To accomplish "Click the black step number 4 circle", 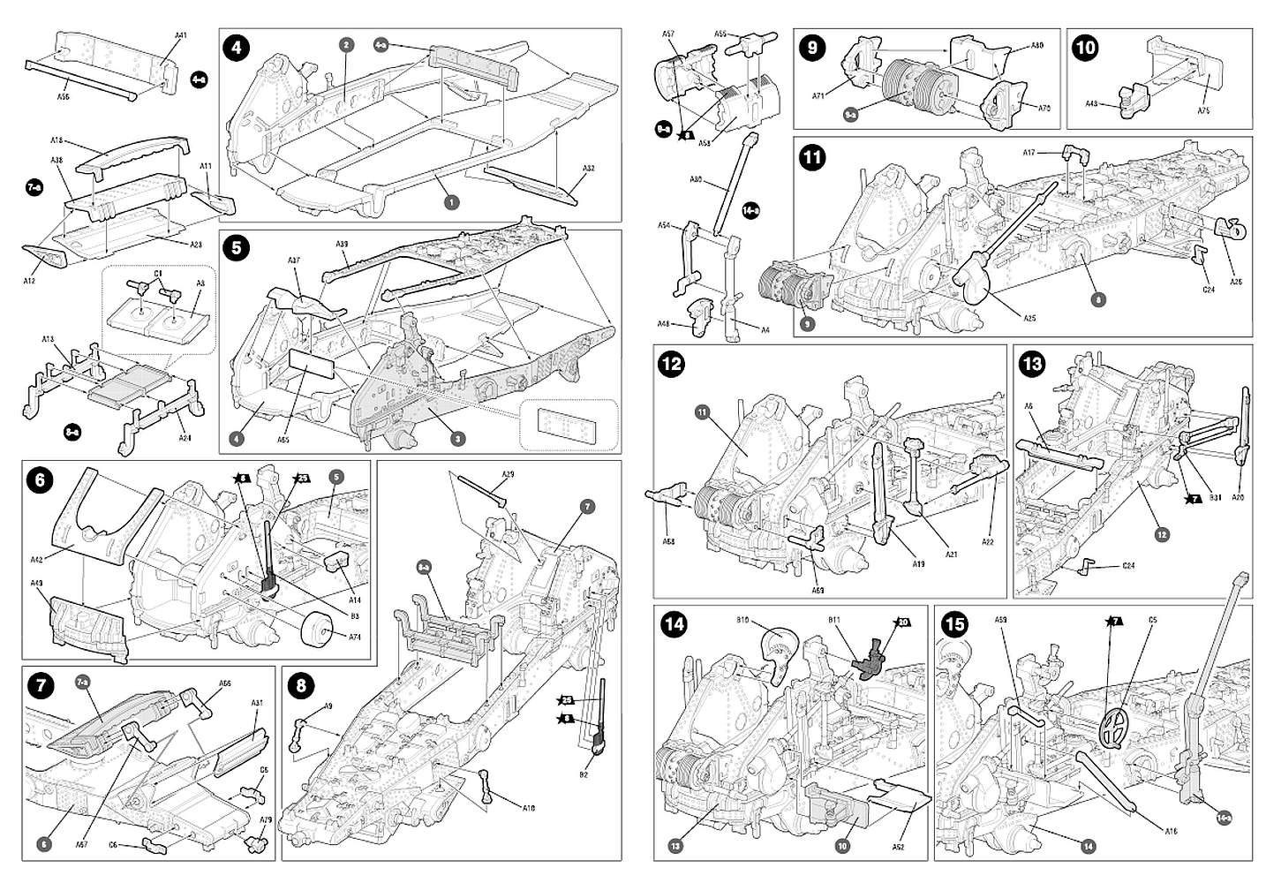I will pos(236,46).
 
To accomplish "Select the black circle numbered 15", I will pos(954,625).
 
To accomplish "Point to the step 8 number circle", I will pos(301,685).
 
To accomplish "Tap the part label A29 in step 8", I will pos(508,475).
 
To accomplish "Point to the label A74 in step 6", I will pos(354,636).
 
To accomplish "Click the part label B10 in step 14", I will pos(742,621).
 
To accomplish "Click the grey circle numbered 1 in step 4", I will pos(451,202).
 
